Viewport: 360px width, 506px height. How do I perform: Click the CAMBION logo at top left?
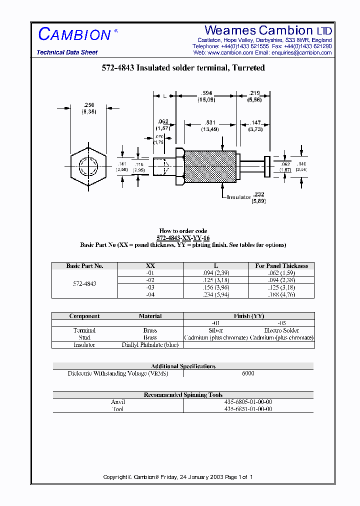pyautogui.click(x=74, y=34)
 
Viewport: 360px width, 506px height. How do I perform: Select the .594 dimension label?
pyautogui.click(x=205, y=93)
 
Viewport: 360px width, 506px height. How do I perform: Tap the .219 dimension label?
pyautogui.click(x=253, y=93)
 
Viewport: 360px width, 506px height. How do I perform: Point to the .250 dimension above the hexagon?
pyautogui.click(x=88, y=105)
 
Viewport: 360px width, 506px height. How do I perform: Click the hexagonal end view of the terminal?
pyautogui.click(x=88, y=165)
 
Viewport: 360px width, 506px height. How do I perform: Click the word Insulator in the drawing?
pyautogui.click(x=238, y=197)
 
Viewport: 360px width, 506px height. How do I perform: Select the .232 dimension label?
pyautogui.click(x=258, y=194)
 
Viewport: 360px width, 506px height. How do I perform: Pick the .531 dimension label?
pyautogui.click(x=209, y=122)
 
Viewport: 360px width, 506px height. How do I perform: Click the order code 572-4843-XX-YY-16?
pyautogui.click(x=183, y=238)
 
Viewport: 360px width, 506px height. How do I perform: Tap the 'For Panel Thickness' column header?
pyautogui.click(x=281, y=266)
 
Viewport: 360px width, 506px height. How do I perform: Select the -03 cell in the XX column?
pyautogui.click(x=150, y=287)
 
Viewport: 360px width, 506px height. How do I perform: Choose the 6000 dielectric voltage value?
pyautogui.click(x=248, y=373)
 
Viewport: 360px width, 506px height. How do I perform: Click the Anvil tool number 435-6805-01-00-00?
pyautogui.click(x=248, y=402)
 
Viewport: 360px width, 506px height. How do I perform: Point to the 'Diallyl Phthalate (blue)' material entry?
pyautogui.click(x=150, y=345)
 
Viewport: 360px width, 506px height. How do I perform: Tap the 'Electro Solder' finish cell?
pyautogui.click(x=281, y=330)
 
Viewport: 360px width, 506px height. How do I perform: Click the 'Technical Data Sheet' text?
pyautogui.click(x=67, y=52)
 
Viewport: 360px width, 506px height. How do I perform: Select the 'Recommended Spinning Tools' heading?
pyautogui.click(x=183, y=395)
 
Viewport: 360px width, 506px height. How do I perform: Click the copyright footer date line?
pyautogui.click(x=178, y=477)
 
